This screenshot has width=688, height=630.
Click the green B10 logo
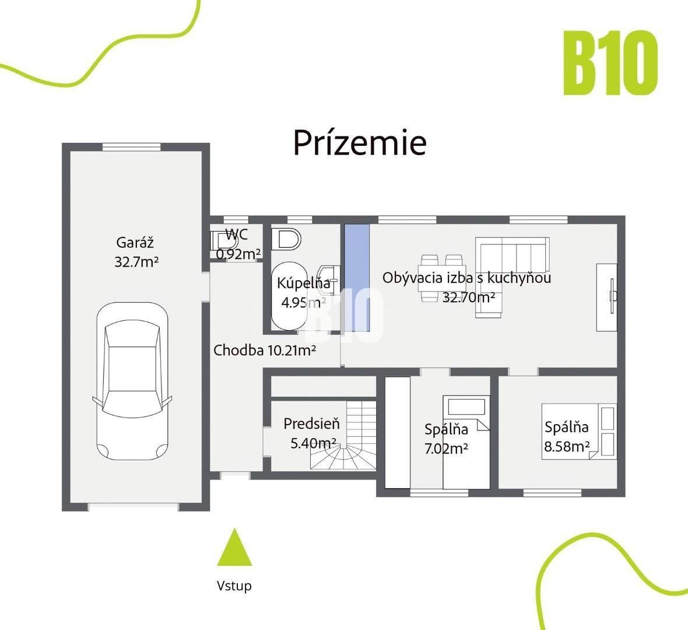(x=610, y=63)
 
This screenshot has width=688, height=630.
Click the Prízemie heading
(x=360, y=142)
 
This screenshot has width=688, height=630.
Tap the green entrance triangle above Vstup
(x=235, y=547)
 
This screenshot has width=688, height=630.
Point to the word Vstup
(x=234, y=586)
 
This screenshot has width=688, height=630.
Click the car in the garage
(x=132, y=381)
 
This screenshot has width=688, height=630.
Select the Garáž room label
(x=135, y=242)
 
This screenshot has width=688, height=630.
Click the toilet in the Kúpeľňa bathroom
(x=286, y=239)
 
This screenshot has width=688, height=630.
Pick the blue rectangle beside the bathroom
(x=357, y=278)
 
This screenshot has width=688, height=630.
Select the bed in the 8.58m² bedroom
(x=579, y=432)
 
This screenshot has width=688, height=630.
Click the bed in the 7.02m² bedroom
(x=466, y=442)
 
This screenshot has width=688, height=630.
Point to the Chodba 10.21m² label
(x=265, y=351)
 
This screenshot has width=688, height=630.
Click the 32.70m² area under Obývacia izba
(x=469, y=297)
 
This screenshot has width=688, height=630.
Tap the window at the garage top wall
(x=131, y=147)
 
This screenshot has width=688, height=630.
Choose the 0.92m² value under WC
(x=238, y=253)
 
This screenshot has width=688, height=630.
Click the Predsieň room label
(x=311, y=423)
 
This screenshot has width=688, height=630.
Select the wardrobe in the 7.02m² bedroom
(x=398, y=432)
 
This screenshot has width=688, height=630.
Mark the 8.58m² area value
(x=567, y=446)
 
